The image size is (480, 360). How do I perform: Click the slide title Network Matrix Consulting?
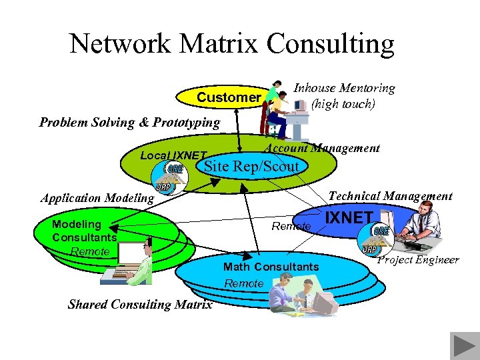tap(232, 45)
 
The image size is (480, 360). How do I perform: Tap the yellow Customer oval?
tap(223, 97)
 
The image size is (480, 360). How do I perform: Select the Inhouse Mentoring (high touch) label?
tap(344, 96)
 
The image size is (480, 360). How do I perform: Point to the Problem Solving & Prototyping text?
tap(129, 122)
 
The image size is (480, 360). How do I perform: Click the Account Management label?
tap(323, 148)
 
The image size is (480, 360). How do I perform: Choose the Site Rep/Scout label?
tap(251, 167)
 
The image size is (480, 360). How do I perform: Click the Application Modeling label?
tap(97, 197)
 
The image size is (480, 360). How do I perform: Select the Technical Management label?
tap(391, 195)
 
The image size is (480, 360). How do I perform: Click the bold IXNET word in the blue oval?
tap(349, 217)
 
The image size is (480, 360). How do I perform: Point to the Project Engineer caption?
tap(418, 259)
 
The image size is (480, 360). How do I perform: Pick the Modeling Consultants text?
tap(84, 231)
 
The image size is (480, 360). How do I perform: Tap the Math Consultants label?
tap(271, 267)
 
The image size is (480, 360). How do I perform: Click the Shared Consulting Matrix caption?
tap(140, 305)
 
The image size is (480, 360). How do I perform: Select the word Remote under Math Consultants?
tap(244, 283)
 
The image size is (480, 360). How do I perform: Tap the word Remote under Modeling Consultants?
tap(90, 251)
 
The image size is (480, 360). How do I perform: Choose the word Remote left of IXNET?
tap(291, 227)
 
